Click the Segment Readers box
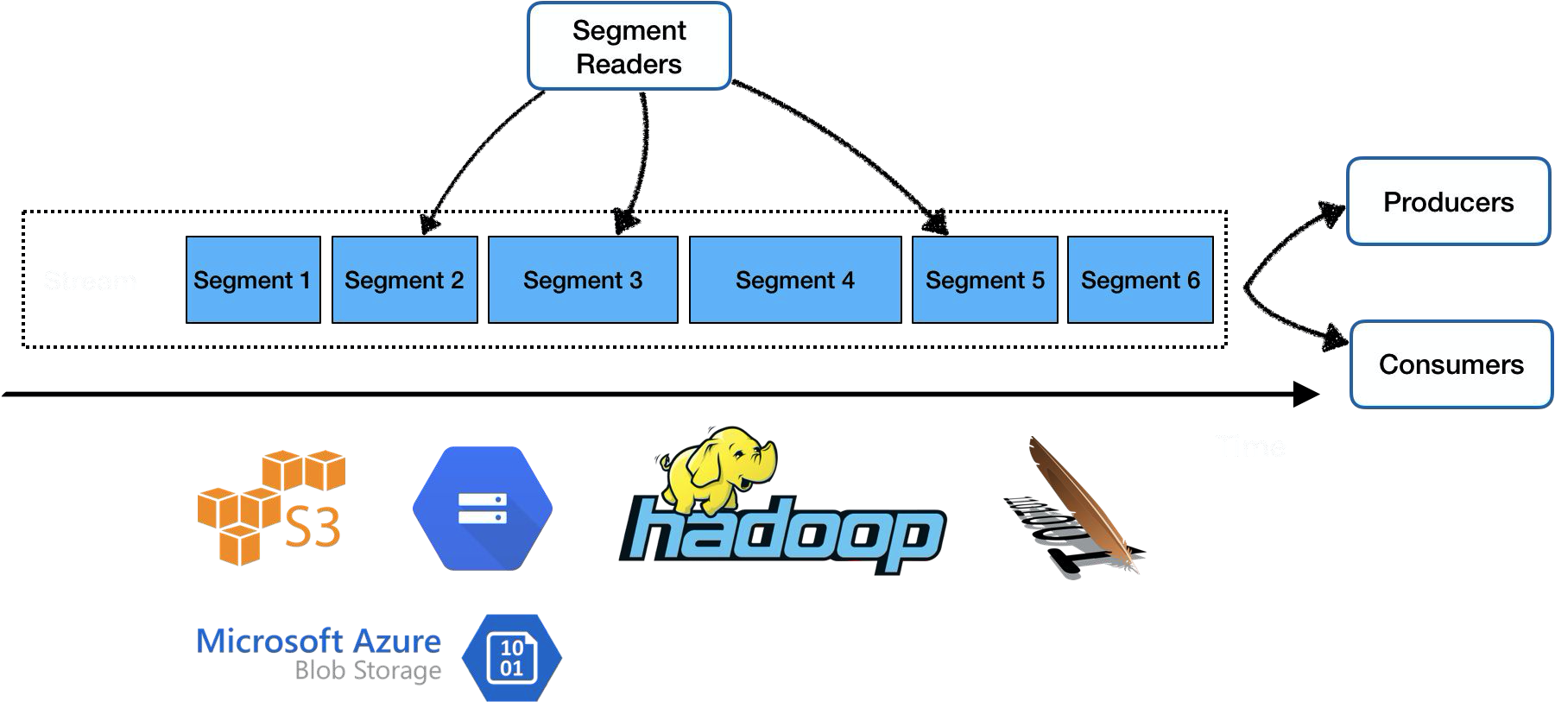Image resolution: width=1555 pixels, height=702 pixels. click(x=629, y=46)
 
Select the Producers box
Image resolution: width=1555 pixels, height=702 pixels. click(x=1448, y=201)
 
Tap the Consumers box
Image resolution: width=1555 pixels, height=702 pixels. click(x=1451, y=364)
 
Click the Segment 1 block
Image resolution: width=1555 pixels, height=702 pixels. click(x=253, y=280)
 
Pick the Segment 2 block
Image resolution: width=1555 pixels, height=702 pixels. click(x=404, y=280)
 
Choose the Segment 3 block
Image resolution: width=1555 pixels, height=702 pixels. click(x=583, y=280)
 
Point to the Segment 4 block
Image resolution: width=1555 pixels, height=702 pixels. click(x=794, y=280)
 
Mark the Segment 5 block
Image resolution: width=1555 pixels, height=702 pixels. click(x=984, y=280)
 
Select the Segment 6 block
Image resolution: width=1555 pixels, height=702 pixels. click(x=1140, y=280)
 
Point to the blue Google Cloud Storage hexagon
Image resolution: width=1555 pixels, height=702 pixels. click(x=482, y=508)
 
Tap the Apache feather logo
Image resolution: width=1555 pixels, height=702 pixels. click(x=1079, y=505)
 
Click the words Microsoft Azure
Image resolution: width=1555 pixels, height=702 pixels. click(x=319, y=642)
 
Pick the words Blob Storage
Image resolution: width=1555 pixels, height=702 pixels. click(x=368, y=671)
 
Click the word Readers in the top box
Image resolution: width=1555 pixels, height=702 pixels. click(x=629, y=64)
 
